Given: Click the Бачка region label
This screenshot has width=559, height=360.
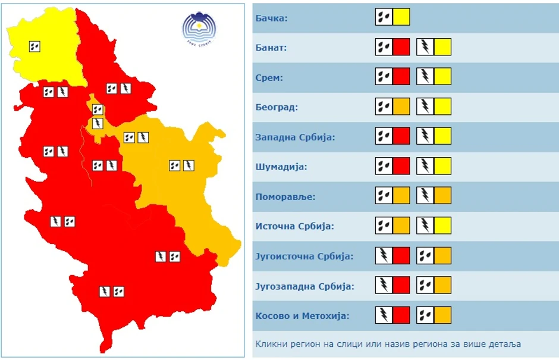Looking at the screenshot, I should (x=272, y=18).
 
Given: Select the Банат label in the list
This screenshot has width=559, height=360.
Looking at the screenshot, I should (x=271, y=48).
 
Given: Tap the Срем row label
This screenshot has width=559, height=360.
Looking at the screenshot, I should (x=269, y=77).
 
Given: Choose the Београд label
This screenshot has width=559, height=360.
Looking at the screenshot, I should (x=277, y=107).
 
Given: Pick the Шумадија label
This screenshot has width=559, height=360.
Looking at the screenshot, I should (x=281, y=167).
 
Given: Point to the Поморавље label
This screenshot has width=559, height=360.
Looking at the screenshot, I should (x=285, y=196).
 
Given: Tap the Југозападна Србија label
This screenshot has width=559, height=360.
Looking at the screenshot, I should (x=304, y=286).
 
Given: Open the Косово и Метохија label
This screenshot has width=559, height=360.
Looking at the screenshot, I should (x=302, y=316).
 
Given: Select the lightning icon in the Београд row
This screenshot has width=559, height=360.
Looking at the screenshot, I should (x=425, y=107).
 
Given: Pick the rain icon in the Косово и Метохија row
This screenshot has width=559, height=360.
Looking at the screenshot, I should (x=425, y=315).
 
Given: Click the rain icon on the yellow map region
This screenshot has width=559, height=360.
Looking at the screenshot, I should (x=35, y=46).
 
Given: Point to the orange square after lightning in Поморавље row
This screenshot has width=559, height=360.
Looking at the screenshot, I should (x=442, y=196).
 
